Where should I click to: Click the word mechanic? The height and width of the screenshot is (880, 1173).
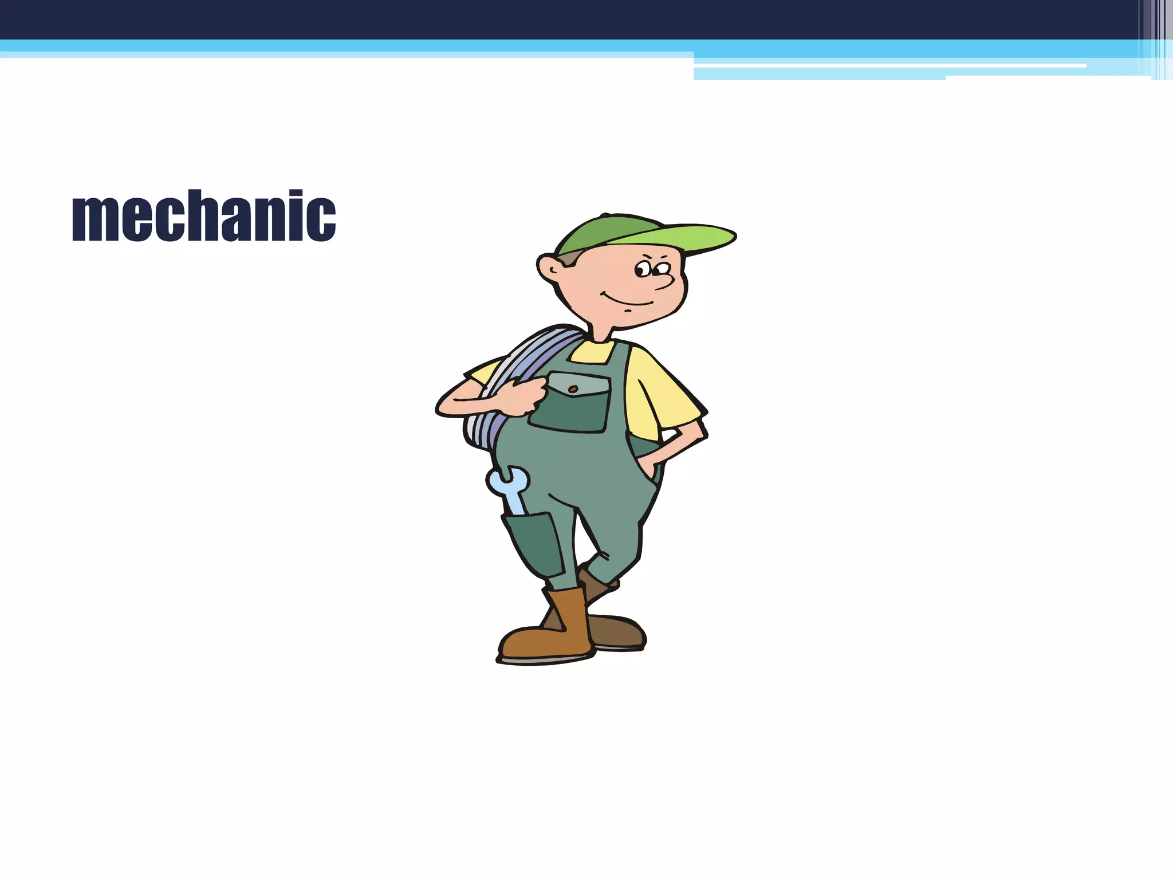(x=204, y=216)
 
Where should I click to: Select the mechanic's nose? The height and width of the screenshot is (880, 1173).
(x=664, y=280)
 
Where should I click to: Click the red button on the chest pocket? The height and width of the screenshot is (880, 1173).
(x=573, y=389)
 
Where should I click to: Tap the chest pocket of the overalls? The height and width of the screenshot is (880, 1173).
(x=570, y=404)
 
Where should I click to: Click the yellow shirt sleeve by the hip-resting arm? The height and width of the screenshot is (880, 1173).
(x=659, y=395)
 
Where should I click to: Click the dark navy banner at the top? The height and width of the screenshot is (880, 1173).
(x=573, y=19)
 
